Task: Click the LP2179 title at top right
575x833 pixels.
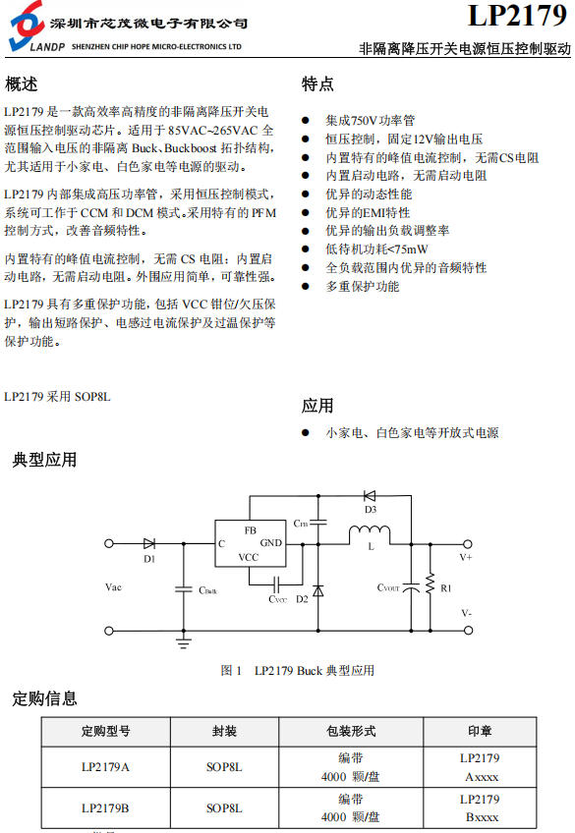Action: (517, 15)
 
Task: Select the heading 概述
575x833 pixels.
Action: (22, 83)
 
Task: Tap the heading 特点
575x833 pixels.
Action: (317, 83)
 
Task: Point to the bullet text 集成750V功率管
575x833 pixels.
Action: (370, 121)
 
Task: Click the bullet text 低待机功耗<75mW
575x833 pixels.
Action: (376, 250)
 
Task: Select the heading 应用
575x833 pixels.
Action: (317, 406)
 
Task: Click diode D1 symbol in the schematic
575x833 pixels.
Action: (149, 543)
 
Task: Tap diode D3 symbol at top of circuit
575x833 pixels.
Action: (370, 496)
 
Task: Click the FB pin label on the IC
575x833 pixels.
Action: (251, 530)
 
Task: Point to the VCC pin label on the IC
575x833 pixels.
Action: (248, 557)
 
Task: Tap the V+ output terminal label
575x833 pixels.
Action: (466, 557)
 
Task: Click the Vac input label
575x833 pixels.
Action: (113, 587)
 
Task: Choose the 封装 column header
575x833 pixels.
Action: (224, 732)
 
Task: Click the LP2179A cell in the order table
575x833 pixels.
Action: (105, 767)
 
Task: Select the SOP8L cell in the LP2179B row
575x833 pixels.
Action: (224, 808)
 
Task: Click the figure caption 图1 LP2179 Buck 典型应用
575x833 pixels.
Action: (298, 671)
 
